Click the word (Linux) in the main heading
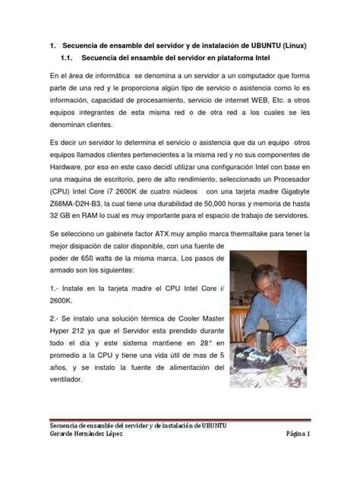click(x=292, y=46)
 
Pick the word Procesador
click(x=284, y=180)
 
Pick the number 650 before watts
click(x=93, y=259)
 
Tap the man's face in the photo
click(x=268, y=281)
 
